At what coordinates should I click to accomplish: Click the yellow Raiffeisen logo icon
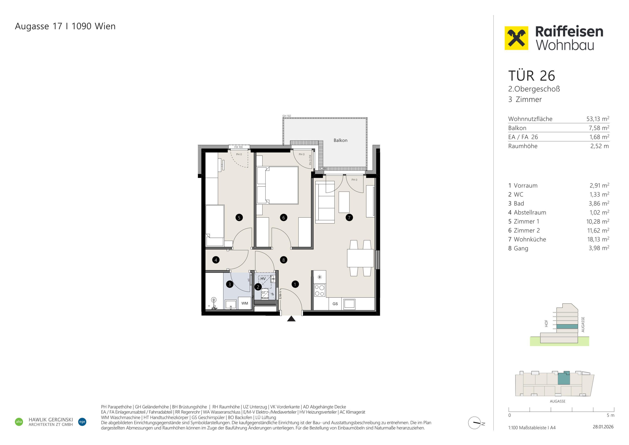coord(516,38)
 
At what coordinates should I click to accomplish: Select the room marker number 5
coord(239,218)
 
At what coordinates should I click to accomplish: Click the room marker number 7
coord(349,218)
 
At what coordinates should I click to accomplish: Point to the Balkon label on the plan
coord(340,140)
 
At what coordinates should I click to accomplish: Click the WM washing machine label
coord(245,303)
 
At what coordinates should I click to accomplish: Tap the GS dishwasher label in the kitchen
coord(335,304)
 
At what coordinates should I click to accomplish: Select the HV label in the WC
coord(263,279)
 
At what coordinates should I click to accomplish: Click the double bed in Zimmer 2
coord(278,185)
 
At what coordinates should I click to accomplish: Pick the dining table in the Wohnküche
coord(360,258)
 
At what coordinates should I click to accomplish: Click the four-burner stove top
coord(319,290)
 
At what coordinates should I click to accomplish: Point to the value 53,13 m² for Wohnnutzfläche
coord(598,119)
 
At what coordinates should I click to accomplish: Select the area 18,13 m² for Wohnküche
coord(598,239)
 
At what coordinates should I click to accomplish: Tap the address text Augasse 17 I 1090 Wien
coord(65,26)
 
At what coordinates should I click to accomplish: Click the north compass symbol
coord(475,423)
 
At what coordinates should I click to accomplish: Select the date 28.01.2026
coord(603,427)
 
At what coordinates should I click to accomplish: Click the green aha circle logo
coord(19,422)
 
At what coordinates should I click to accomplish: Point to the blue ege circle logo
coord(82,422)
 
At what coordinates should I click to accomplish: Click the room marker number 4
coord(216,260)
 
